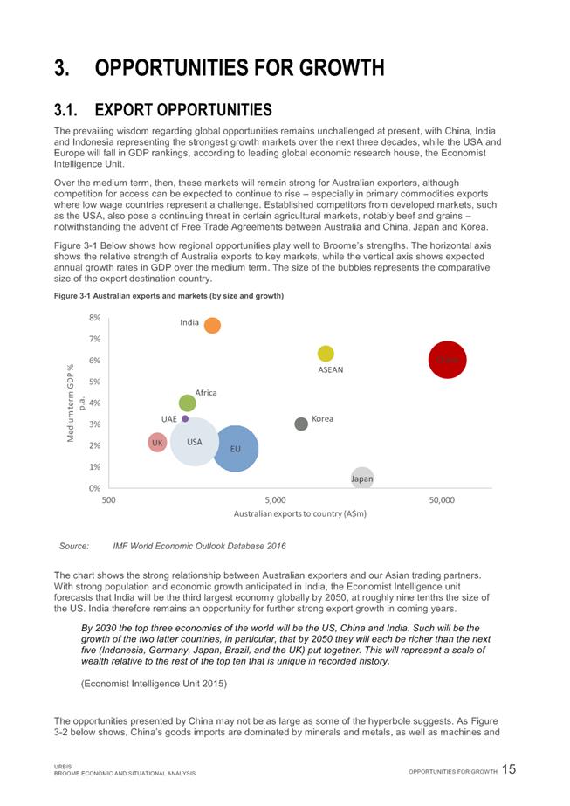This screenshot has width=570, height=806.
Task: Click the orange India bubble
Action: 212,326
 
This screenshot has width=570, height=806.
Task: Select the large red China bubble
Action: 446,359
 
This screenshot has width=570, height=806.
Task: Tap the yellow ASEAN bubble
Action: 326,353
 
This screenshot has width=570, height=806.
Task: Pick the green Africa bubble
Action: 187,403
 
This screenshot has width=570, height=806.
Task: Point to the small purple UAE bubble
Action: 185,418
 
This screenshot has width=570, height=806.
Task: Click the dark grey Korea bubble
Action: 301,424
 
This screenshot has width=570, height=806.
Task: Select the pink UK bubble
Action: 157,443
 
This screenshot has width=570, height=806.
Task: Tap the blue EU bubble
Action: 235,448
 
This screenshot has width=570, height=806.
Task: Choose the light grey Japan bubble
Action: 362,478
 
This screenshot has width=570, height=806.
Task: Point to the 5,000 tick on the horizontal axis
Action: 275,499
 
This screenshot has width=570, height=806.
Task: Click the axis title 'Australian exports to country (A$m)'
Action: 299,513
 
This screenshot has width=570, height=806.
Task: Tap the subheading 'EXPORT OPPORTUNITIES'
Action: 183,110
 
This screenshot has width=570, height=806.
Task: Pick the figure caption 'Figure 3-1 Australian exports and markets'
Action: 168,296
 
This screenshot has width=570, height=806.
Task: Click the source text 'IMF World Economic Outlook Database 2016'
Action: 199,546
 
